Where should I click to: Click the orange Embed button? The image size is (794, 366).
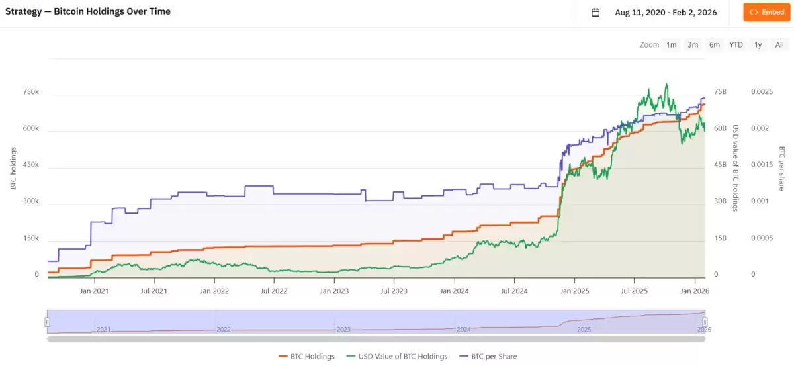766,12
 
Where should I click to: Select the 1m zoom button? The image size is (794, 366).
671,45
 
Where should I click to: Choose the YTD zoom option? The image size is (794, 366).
736,45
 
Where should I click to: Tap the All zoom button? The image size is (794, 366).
779,45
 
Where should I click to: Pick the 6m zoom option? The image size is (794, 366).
714,45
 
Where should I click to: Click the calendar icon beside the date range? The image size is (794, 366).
595,12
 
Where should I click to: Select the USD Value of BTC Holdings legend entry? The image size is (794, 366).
398,356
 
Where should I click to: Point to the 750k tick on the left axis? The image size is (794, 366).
30,92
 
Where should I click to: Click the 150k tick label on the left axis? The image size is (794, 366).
30,238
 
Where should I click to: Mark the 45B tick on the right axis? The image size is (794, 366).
720,165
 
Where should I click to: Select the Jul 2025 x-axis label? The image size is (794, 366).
634,291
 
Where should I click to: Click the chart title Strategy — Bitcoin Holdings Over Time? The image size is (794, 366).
87,11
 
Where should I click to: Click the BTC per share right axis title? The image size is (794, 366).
781,169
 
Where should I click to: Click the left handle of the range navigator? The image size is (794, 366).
47,322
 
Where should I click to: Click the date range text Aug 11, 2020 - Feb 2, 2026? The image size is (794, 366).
666,12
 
